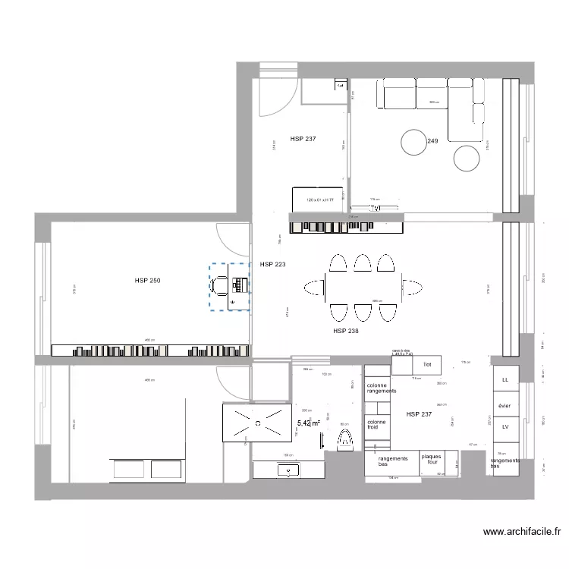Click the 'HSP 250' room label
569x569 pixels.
click(147, 281)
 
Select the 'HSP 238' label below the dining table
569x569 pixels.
click(346, 331)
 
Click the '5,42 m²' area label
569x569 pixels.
click(308, 423)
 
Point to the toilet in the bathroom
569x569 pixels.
click(345, 439)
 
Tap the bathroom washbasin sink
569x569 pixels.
click(288, 470)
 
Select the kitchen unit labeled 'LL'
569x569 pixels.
click(505, 379)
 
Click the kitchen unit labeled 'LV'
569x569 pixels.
click(505, 428)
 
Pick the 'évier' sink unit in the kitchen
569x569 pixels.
click(505, 406)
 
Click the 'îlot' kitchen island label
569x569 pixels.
click(426, 365)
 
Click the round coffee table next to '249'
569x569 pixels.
click(414, 142)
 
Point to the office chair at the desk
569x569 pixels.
click(220, 284)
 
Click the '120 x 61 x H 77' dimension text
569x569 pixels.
click(319, 200)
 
